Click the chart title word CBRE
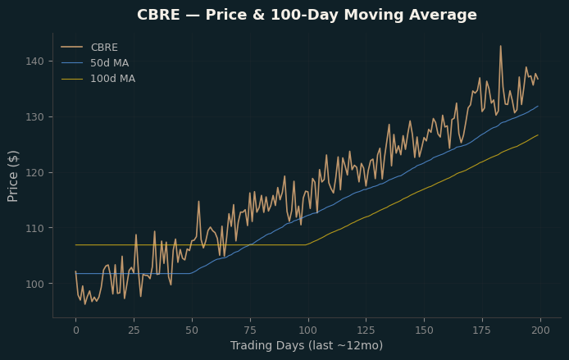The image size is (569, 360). pyautogui.click(x=158, y=15)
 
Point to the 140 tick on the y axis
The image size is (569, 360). pyautogui.click(x=34, y=62)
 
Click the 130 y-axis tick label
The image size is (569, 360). pyautogui.click(x=34, y=117)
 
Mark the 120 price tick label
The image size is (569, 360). pyautogui.click(x=34, y=173)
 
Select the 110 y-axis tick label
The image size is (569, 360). pyautogui.click(x=34, y=228)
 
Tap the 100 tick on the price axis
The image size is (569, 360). pyautogui.click(x=34, y=284)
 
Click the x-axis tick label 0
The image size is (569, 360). pyautogui.click(x=76, y=330)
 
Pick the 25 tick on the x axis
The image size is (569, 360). pyautogui.click(x=134, y=330)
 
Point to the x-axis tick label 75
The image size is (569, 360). pyautogui.click(x=250, y=330)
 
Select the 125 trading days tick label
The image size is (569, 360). pyautogui.click(x=366, y=330)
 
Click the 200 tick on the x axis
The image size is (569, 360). pyautogui.click(x=540, y=330)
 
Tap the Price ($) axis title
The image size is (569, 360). pyautogui.click(x=12, y=176)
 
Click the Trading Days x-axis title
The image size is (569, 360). pyautogui.click(x=307, y=345)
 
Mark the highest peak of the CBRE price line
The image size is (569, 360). pyautogui.click(x=501, y=46)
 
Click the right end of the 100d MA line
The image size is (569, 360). pyautogui.click(x=538, y=135)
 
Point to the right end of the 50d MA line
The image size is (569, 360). pyautogui.click(x=538, y=106)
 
